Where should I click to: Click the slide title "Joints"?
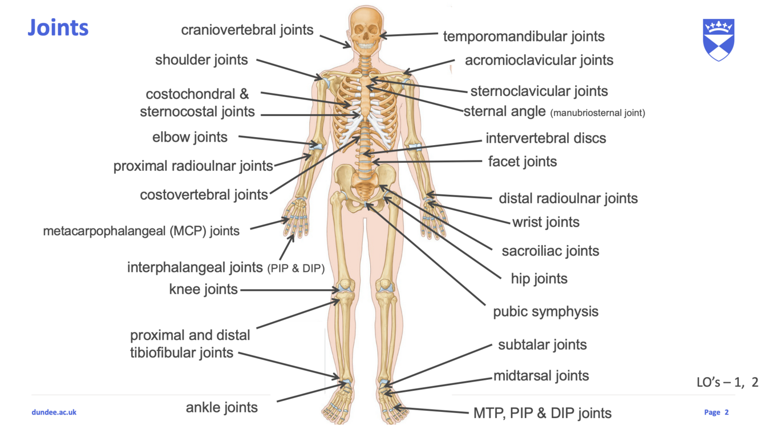(x=58, y=27)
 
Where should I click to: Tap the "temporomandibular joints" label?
(x=523, y=37)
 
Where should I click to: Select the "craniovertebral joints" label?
(x=247, y=30)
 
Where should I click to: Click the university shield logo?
(x=718, y=39)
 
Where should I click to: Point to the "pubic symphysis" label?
(x=545, y=312)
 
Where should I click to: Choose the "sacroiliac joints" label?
(x=550, y=251)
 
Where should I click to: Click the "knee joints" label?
(x=203, y=289)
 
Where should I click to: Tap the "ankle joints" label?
(x=221, y=408)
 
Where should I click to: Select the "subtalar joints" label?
(x=542, y=345)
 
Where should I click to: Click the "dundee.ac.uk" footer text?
(x=54, y=412)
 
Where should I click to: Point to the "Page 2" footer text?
(x=716, y=412)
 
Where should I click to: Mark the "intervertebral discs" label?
(x=545, y=138)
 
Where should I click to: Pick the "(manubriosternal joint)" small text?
(x=597, y=113)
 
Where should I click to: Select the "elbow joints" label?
(x=189, y=137)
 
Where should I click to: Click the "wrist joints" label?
(x=545, y=222)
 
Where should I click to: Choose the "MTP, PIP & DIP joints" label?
(x=542, y=413)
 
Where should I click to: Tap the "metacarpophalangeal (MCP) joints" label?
(x=141, y=231)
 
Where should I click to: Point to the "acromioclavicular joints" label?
(x=539, y=61)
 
